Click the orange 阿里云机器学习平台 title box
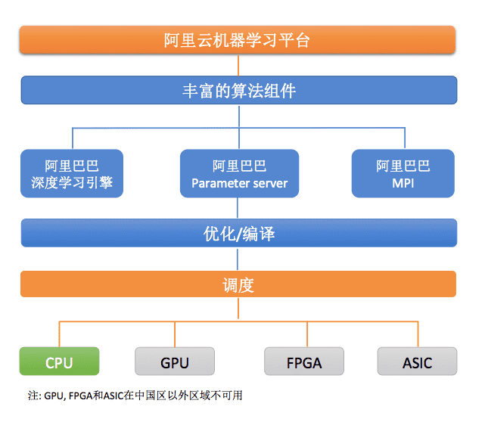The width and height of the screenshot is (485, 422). click(x=237, y=40)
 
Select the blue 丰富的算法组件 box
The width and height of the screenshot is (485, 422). click(x=238, y=92)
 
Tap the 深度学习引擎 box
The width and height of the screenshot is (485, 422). click(x=73, y=174)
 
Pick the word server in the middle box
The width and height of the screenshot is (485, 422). click(x=270, y=183)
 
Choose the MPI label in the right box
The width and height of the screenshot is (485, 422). click(x=403, y=183)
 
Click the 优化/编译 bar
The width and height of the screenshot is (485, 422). click(x=238, y=233)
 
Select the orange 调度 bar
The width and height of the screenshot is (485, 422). click(x=238, y=285)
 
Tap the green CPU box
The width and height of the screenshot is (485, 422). click(x=59, y=361)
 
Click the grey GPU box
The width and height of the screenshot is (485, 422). click(x=175, y=361)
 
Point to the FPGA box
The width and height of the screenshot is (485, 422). click(x=303, y=361)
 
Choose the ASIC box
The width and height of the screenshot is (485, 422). click(x=417, y=361)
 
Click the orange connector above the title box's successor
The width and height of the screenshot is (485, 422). click(x=238, y=66)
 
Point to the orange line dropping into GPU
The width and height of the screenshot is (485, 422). click(x=175, y=334)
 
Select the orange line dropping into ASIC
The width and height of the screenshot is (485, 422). click(x=417, y=334)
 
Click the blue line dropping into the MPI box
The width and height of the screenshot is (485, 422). click(x=403, y=138)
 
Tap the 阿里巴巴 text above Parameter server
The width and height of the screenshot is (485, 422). click(x=239, y=166)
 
